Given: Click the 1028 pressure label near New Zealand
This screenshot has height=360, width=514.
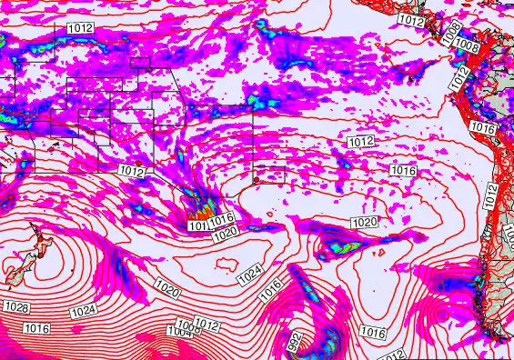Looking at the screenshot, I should pos(16,309).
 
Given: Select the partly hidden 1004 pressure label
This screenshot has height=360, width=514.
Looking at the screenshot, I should pos(180,331).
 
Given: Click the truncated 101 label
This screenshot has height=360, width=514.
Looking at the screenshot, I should pos(197,225).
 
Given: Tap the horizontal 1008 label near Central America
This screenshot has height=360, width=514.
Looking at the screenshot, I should pos(467,45).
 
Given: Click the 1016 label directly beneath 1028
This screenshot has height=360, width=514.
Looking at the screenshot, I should pos(36,327).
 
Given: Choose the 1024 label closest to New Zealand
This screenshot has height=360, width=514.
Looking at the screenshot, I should pos(83,311).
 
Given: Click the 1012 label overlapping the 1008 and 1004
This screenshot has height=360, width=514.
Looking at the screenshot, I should pos(207,325).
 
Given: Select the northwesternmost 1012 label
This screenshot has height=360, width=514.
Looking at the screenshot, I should pos(80,29).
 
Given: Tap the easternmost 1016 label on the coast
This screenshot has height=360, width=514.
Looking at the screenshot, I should pos(484,130).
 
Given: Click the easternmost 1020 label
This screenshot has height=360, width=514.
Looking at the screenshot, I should pos(364,222).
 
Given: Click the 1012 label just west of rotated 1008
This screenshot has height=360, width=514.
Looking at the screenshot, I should pos(411,20).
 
